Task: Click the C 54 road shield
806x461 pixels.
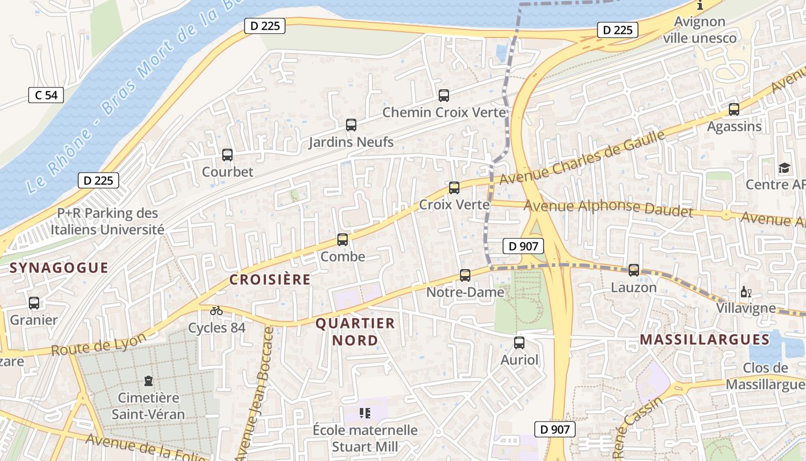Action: coord(46,95)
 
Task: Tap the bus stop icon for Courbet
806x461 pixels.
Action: coord(227,155)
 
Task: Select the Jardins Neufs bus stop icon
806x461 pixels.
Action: coord(351,124)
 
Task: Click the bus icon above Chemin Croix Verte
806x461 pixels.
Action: coord(444,96)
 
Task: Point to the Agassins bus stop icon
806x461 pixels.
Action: coord(734,109)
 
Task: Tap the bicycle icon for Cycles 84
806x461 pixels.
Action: coord(216,311)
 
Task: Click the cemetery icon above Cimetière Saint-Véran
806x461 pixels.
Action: coord(149,381)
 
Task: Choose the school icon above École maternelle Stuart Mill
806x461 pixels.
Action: coord(365,413)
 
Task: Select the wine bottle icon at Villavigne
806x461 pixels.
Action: coord(746,292)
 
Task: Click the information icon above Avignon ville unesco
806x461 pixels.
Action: coord(700,6)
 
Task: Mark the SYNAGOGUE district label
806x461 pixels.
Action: coord(59,267)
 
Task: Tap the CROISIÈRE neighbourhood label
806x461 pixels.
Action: coord(270,279)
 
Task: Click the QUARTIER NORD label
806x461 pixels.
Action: coord(355,331)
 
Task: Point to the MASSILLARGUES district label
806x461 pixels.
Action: coord(705,339)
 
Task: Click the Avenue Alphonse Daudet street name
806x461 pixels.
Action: coord(609,208)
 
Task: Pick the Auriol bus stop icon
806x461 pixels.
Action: coord(519,343)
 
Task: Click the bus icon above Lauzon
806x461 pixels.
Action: coord(634,270)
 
